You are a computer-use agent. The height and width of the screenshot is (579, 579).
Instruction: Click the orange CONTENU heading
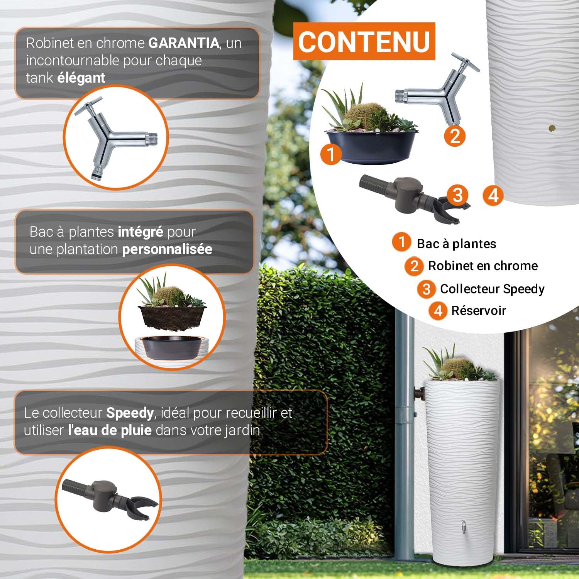click(364, 41)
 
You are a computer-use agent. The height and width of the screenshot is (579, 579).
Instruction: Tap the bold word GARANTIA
click(184, 43)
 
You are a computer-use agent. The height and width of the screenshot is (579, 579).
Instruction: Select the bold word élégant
click(81, 78)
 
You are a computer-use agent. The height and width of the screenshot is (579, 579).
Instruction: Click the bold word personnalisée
click(167, 249)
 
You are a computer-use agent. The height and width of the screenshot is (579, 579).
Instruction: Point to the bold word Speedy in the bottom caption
click(130, 413)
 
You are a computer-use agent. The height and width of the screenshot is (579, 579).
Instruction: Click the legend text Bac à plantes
click(456, 244)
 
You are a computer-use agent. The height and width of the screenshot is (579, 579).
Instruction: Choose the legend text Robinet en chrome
click(483, 266)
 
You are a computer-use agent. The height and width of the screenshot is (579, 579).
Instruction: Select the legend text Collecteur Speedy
click(492, 289)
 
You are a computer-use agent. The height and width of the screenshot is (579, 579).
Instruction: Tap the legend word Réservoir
click(479, 311)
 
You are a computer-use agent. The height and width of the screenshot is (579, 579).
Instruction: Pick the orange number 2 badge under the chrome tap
click(455, 136)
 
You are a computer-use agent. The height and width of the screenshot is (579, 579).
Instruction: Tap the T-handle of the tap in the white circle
click(465, 62)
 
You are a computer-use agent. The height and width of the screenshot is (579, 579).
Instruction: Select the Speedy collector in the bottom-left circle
click(110, 497)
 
